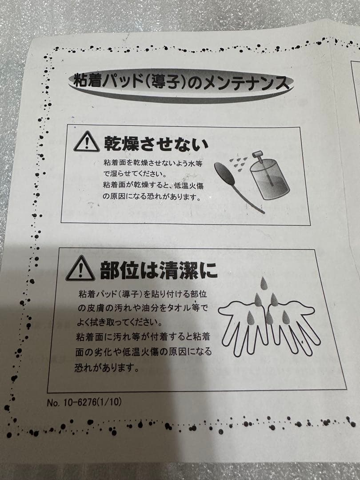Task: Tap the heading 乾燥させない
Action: click(x=156, y=143)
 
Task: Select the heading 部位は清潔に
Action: click(x=158, y=270)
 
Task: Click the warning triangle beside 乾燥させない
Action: click(x=86, y=143)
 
